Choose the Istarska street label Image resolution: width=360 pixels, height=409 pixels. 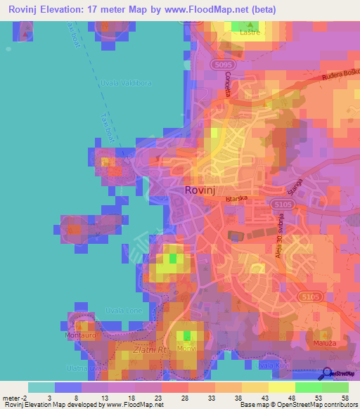pos(238,199)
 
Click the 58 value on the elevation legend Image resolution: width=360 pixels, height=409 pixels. pos(345,398)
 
